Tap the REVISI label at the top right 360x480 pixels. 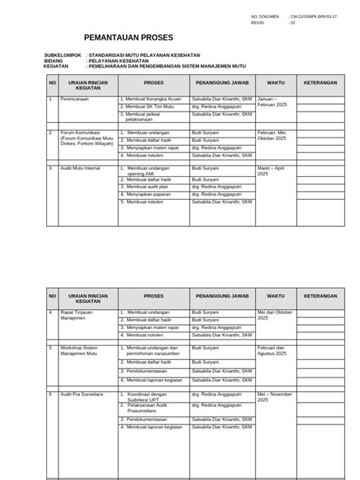257,23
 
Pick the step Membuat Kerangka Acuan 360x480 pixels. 153,99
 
